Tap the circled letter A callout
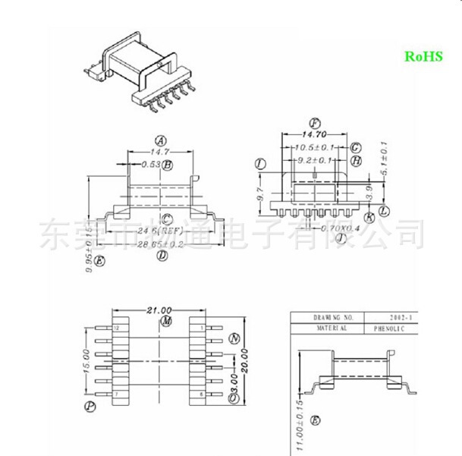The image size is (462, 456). point(160,140)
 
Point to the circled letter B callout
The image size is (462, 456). point(168,165)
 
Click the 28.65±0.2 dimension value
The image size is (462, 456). point(161,244)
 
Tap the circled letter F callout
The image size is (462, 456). point(315,122)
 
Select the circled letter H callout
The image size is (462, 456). point(356,161)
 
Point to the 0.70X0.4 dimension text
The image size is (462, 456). point(340,228)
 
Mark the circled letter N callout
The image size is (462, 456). point(234,338)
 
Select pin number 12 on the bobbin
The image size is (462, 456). point(116,328)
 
